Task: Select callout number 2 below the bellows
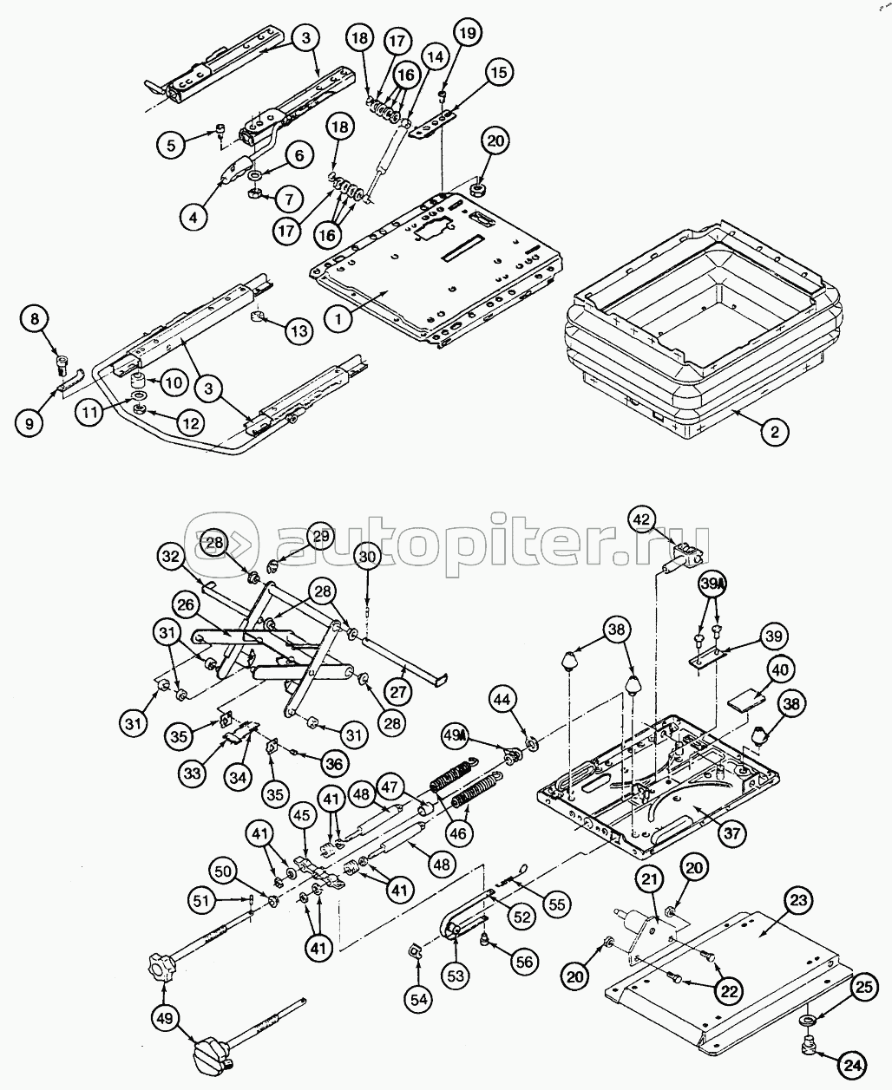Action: pyautogui.click(x=775, y=431)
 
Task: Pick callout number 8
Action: pyautogui.click(x=35, y=319)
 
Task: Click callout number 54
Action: pyautogui.click(x=418, y=998)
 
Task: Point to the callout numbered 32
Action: pyautogui.click(x=170, y=557)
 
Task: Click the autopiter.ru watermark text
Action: pyautogui.click(x=495, y=541)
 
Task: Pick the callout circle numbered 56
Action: pyautogui.click(x=524, y=963)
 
